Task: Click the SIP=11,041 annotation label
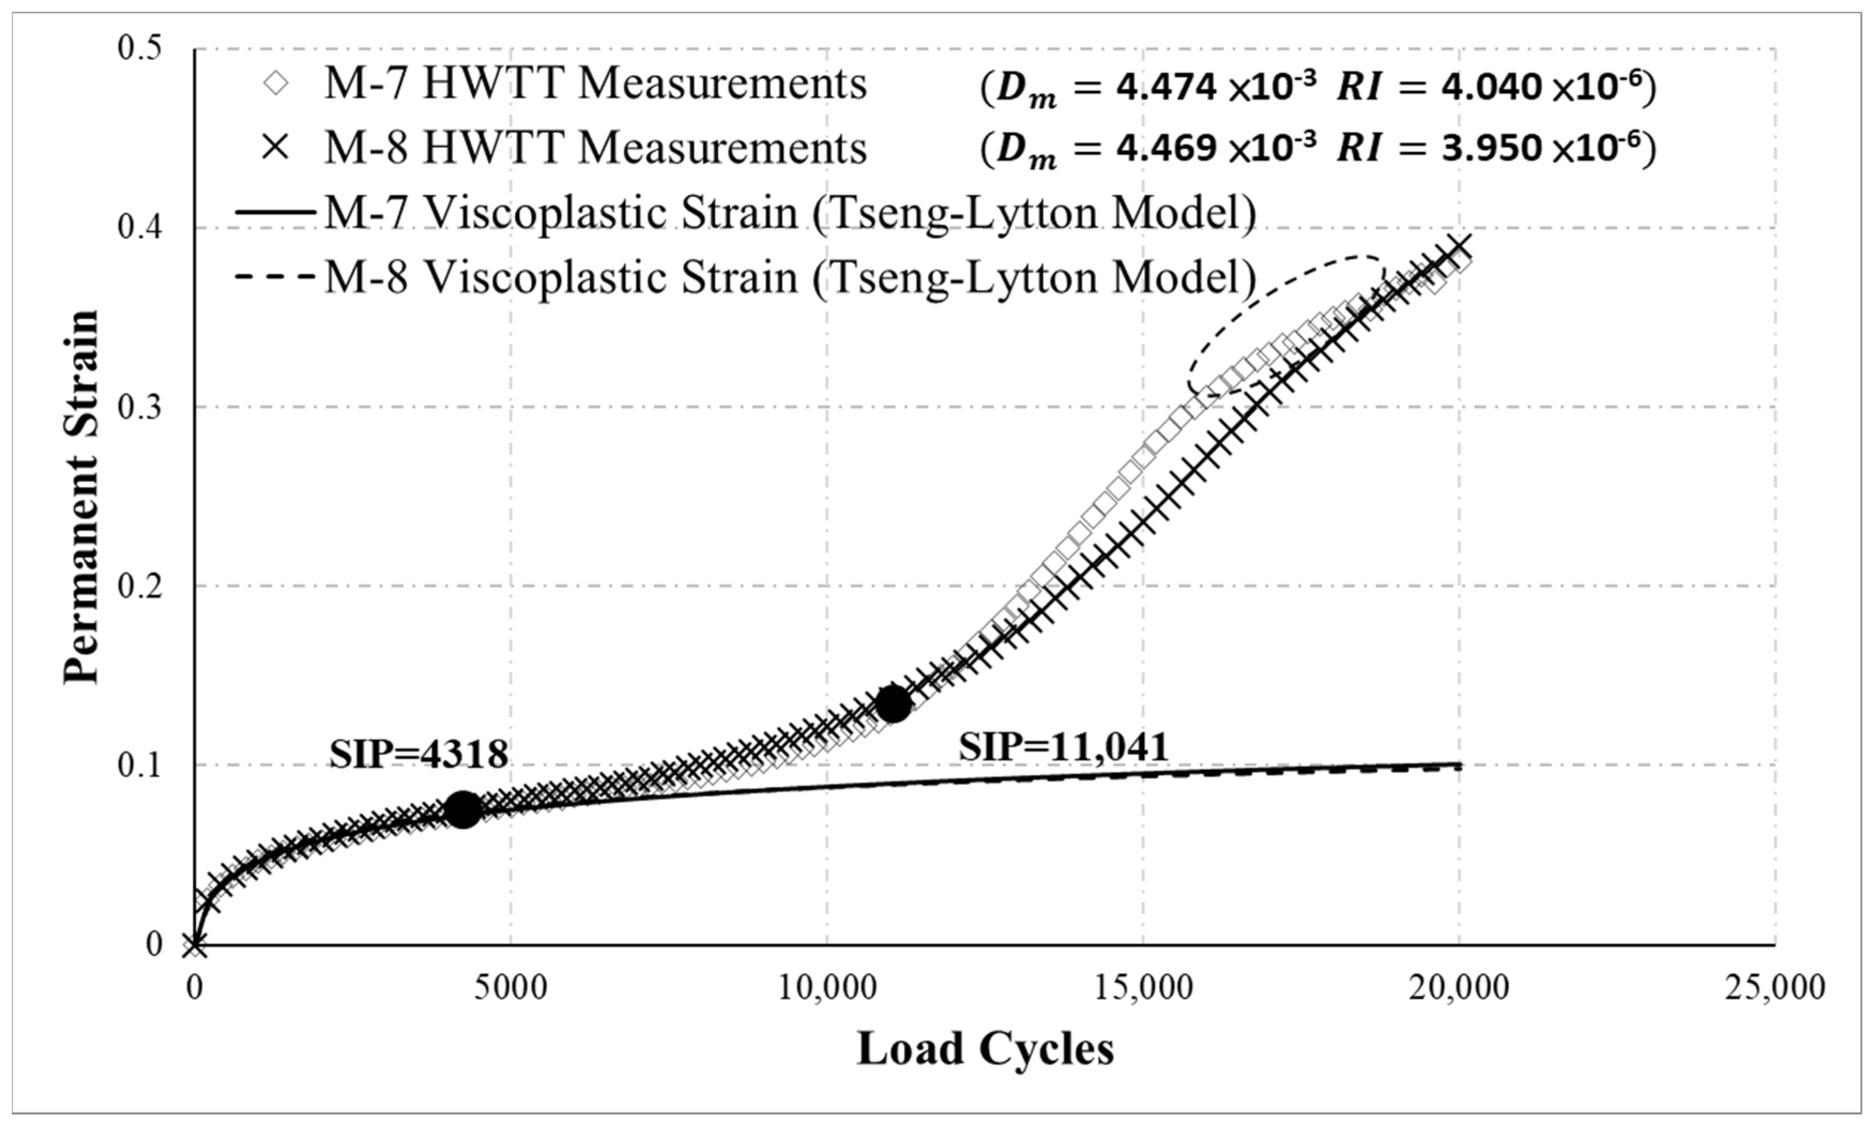tap(1063, 747)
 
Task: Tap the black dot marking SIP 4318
tap(462, 809)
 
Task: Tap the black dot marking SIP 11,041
tap(893, 703)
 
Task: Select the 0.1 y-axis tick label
tap(140, 765)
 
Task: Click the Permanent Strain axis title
tap(81, 495)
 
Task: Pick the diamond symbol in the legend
tap(276, 83)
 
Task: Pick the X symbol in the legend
tap(276, 148)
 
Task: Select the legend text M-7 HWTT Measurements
tap(595, 83)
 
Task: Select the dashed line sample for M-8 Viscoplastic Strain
tap(274, 277)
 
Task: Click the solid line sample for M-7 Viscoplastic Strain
tap(274, 212)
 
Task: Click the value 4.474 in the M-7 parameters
tap(1167, 88)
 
